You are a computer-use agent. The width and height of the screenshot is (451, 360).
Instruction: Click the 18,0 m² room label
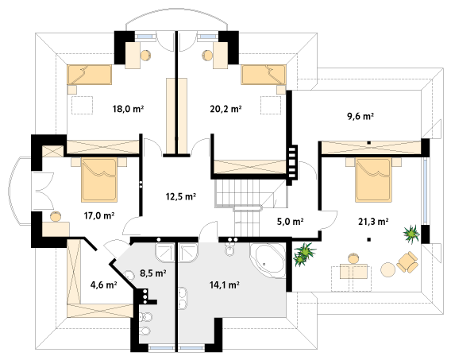point(128,109)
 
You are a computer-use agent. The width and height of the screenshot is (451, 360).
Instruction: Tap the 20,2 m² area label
point(225,109)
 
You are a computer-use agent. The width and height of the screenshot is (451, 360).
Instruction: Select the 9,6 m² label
point(360,117)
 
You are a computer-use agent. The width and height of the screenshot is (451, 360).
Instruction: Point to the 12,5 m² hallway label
point(180,196)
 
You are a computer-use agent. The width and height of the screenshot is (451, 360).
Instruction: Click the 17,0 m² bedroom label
point(99,215)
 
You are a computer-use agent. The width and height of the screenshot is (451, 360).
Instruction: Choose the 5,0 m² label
point(291,221)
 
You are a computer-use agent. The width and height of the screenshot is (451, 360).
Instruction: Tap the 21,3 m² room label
point(373,221)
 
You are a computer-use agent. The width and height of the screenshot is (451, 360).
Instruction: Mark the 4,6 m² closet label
point(103,285)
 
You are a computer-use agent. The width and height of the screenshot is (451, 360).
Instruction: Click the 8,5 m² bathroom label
point(153,273)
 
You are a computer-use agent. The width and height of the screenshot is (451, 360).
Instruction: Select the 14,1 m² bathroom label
point(225,285)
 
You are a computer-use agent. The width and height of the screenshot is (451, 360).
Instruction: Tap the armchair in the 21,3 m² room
point(407,262)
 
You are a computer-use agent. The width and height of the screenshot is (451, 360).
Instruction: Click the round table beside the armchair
point(388,269)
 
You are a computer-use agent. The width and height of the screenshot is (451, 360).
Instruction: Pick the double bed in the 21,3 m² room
point(373,180)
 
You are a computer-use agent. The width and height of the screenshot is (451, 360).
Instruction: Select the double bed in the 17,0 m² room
point(99,180)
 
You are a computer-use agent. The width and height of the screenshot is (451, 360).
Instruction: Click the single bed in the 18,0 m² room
point(90,75)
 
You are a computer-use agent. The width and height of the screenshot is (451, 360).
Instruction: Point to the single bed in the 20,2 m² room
point(264,75)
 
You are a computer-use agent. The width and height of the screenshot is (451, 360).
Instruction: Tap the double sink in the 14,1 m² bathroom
point(183,298)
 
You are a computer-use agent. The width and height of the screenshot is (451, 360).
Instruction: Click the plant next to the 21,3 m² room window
point(411,234)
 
